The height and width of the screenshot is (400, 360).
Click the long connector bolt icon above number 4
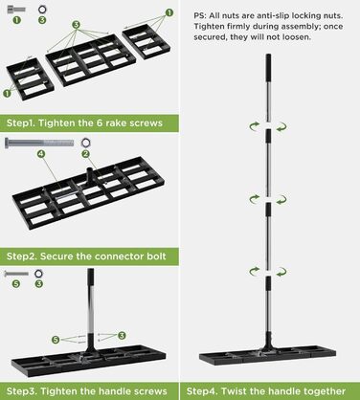[39, 143]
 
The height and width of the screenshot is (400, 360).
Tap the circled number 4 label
[41, 154]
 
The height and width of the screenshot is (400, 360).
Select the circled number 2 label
[85, 154]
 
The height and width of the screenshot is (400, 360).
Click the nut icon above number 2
[85, 143]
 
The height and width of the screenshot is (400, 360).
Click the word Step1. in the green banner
[21, 123]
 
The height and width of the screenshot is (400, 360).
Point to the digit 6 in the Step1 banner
[100, 122]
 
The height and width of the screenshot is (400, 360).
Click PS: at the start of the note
[200, 15]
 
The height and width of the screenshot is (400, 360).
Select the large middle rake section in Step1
[91, 60]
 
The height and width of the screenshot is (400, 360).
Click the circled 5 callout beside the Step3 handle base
[56, 340]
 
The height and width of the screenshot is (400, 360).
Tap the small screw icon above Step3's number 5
[16, 274]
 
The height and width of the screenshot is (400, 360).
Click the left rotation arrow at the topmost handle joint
[255, 126]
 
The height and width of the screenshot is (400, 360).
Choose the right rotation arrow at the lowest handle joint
[281, 272]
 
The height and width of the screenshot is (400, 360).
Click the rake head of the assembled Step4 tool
[267, 358]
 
